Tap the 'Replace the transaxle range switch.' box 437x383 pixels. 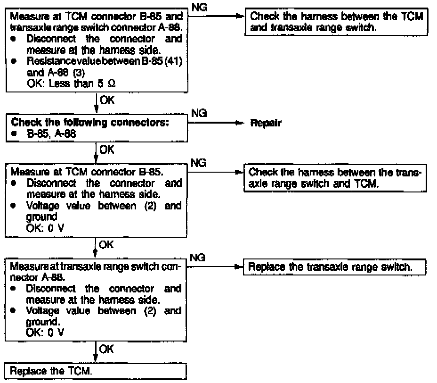334,267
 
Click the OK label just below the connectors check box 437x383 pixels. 105,150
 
